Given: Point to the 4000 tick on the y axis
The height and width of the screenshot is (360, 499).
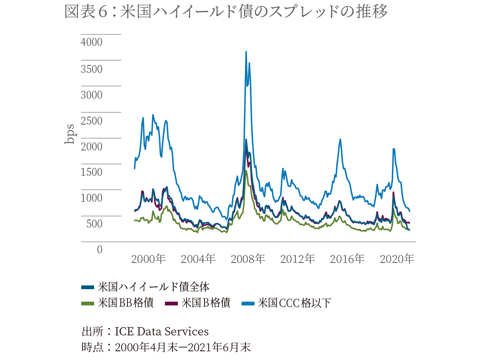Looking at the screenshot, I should [92, 42].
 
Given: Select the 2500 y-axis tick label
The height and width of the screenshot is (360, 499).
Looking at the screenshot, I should [92, 121].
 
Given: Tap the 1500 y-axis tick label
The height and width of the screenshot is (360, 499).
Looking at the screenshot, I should [92, 172].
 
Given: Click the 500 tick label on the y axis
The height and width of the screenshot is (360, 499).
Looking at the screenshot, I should [94, 224].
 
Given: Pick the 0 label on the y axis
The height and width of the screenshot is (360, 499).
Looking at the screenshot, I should [100, 250].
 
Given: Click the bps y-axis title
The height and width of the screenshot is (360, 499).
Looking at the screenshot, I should [69, 134].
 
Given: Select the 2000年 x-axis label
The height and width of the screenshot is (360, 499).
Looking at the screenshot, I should [148, 259].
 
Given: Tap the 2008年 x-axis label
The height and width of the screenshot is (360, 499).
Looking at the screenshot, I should [248, 259].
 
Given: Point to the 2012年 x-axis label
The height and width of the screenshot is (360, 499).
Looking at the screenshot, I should [297, 259].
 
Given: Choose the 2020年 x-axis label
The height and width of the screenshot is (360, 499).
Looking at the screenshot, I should [397, 259].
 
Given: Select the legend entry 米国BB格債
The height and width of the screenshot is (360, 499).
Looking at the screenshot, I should [125, 303].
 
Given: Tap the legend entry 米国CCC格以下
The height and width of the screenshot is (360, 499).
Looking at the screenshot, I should [294, 303].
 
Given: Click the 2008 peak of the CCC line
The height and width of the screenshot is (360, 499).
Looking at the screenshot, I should [246, 52].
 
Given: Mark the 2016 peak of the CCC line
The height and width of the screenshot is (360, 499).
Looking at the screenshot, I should [340, 140].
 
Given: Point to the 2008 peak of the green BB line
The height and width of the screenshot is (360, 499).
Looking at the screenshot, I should [246, 171].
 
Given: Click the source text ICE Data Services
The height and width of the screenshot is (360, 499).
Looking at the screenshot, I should [162, 332].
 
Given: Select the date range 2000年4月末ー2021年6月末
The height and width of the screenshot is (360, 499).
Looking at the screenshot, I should [182, 347].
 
